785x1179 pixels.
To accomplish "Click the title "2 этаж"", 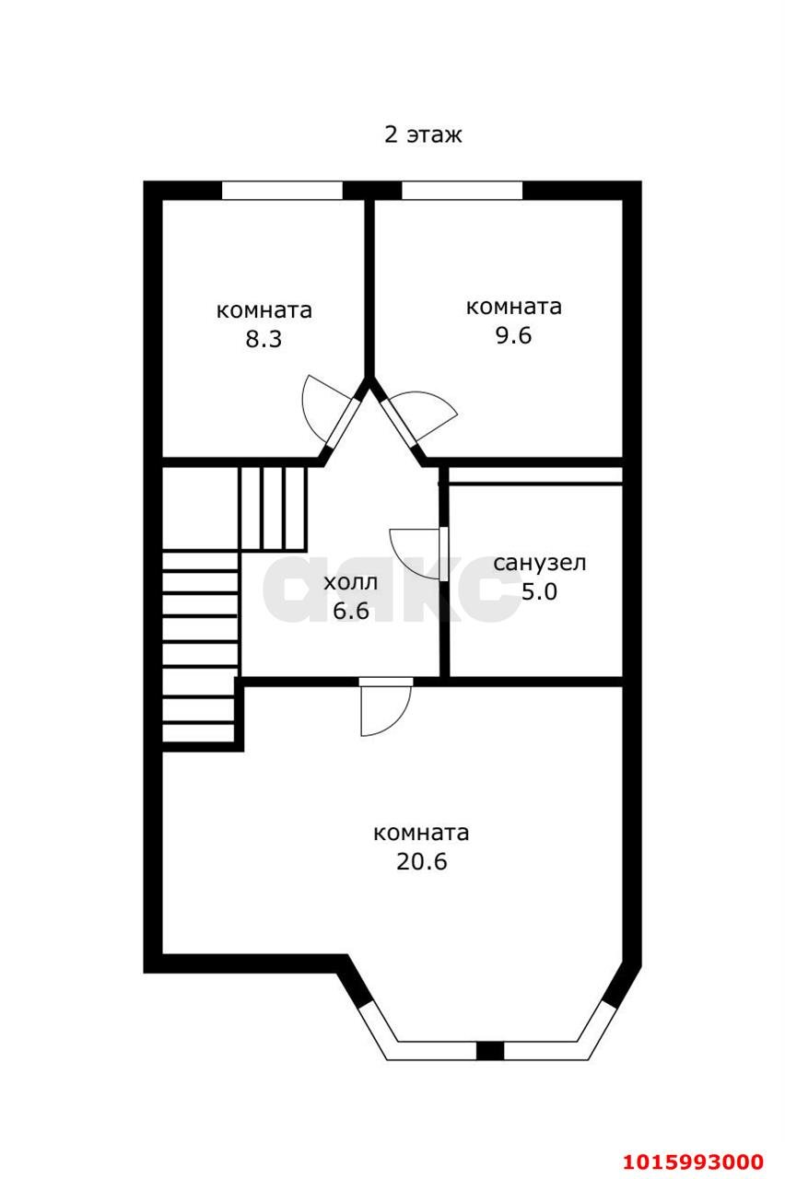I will pyautogui.click(x=423, y=134).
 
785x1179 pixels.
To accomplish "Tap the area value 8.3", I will pyautogui.click(x=263, y=339).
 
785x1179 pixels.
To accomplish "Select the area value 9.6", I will pyautogui.click(x=513, y=335).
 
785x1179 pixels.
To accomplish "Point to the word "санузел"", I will pyautogui.click(x=540, y=563).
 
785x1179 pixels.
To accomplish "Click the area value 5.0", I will pyautogui.click(x=539, y=591).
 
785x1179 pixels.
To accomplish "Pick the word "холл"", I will pyautogui.click(x=350, y=582).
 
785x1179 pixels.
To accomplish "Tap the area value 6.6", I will pyautogui.click(x=350, y=611).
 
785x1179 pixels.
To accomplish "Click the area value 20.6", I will pyautogui.click(x=421, y=862).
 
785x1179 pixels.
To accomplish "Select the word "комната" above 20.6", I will pyautogui.click(x=421, y=834).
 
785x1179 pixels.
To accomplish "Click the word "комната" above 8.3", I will pyautogui.click(x=264, y=310).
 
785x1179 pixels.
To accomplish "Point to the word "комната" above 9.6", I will pyautogui.click(x=513, y=307).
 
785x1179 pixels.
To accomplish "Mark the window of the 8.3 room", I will pyautogui.click(x=282, y=191).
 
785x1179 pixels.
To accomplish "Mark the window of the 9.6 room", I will pyautogui.click(x=463, y=191).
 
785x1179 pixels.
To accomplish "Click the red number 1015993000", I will pyautogui.click(x=694, y=1161).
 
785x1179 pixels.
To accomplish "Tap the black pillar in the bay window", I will pyautogui.click(x=490, y=1051).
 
